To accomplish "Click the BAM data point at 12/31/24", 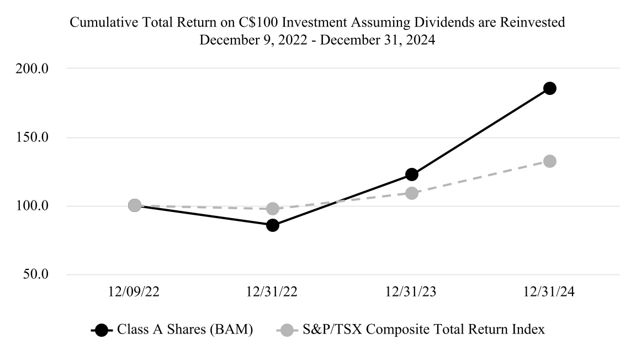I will point(549,88).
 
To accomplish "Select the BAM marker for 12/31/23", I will point(411,174).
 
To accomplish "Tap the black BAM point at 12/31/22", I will point(273,225).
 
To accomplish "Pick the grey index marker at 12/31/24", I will point(549,161).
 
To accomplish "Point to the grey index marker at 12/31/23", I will point(411,193).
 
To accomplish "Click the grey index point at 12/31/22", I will point(273,209).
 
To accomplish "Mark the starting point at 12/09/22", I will point(134,205).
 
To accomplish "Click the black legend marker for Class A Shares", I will point(101,330).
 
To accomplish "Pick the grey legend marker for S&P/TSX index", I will point(285,330).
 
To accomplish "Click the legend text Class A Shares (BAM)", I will point(185,330).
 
